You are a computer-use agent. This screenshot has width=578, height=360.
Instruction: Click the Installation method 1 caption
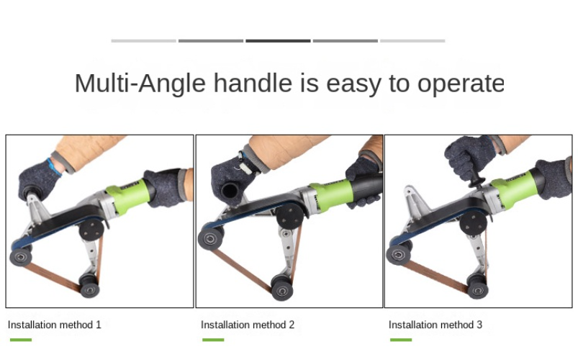pyautogui.click(x=55, y=325)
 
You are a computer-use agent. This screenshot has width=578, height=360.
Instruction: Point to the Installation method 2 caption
pyautogui.click(x=248, y=325)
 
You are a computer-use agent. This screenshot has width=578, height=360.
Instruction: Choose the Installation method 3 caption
pyautogui.click(x=435, y=325)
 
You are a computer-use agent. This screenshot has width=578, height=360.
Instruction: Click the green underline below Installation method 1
pyautogui.click(x=21, y=340)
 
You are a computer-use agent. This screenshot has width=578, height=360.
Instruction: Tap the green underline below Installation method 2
pyautogui.click(x=213, y=340)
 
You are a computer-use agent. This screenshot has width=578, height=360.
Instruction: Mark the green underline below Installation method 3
pyautogui.click(x=401, y=340)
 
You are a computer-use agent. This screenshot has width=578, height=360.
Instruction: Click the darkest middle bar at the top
pyautogui.click(x=278, y=41)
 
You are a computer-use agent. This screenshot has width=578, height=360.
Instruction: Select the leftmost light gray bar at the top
pyautogui.click(x=144, y=41)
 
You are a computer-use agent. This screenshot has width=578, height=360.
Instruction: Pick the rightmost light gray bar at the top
pyautogui.click(x=412, y=41)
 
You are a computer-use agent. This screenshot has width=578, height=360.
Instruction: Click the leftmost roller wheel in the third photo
pyautogui.click(x=397, y=254)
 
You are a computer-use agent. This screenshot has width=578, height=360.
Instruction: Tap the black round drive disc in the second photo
pyautogui.click(x=289, y=215)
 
